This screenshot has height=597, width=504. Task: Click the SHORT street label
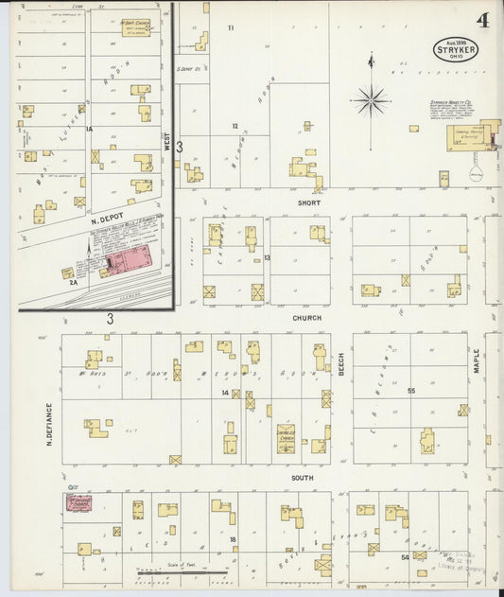tap(309, 202)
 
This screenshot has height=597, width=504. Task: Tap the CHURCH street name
tap(306, 318)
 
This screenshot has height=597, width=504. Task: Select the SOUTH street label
tap(302, 478)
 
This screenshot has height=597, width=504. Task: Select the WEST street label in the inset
tap(167, 142)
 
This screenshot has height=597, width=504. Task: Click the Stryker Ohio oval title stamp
tap(456, 49)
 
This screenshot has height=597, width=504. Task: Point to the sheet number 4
tap(482, 20)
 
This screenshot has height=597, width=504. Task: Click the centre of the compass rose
tap(371, 99)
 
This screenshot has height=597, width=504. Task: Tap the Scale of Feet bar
tap(182, 572)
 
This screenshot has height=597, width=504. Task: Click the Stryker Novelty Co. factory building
tap(470, 138)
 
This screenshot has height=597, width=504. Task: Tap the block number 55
tap(411, 391)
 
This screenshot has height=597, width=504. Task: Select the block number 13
tap(268, 257)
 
